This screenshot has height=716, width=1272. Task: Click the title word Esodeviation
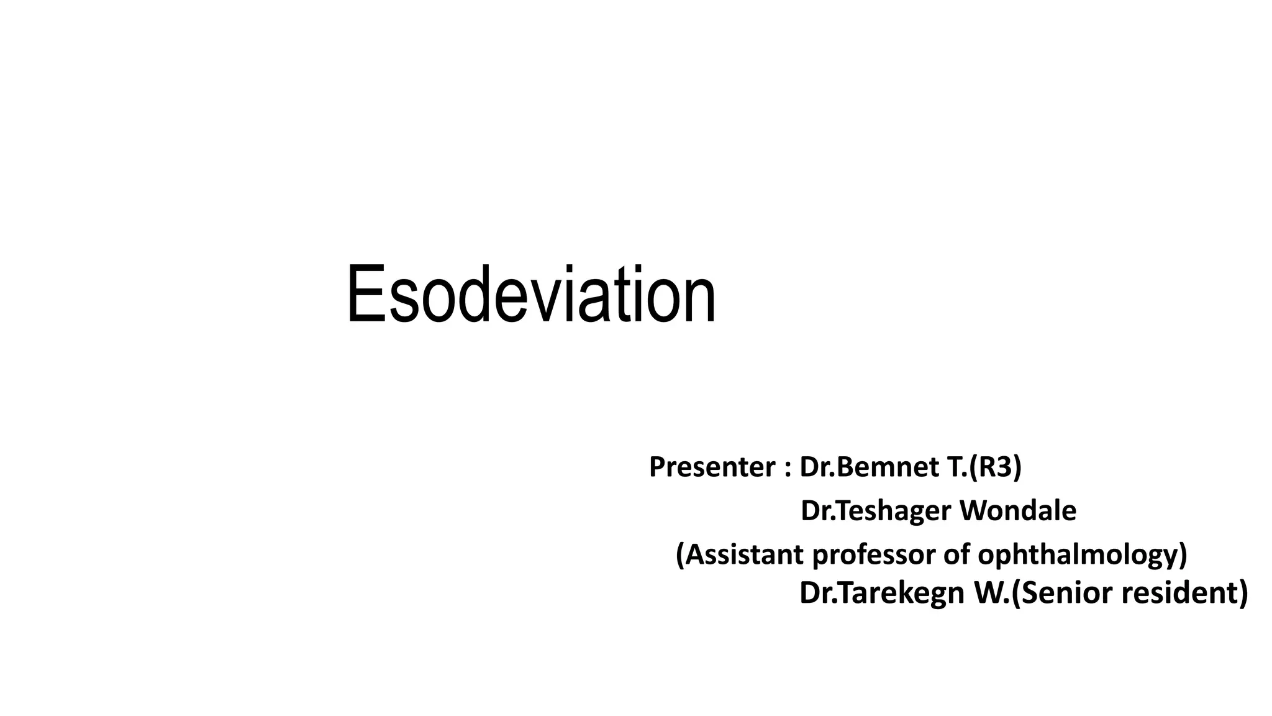(531, 295)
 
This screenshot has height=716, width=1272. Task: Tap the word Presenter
(712, 467)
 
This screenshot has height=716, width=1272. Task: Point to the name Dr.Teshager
(876, 511)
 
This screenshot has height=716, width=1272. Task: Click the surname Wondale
(1018, 511)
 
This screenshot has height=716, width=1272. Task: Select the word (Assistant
(739, 554)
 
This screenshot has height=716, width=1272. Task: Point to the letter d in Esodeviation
(465, 295)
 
